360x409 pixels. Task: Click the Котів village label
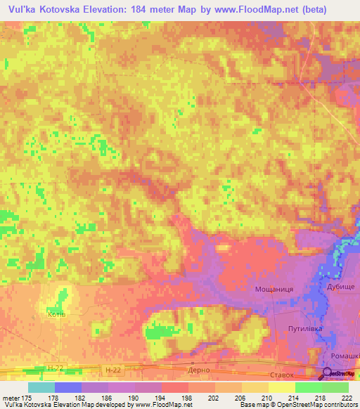56,314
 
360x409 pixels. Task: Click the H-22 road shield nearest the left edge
57,368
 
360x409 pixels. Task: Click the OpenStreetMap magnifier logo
328,375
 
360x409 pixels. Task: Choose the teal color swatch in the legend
41,387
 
